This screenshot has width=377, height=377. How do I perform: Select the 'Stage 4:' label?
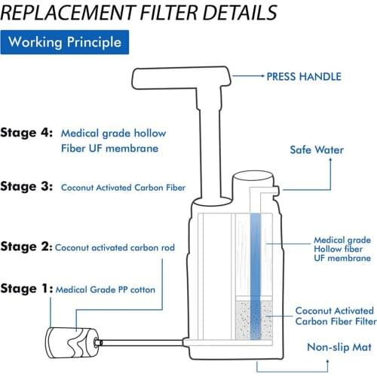[26, 132]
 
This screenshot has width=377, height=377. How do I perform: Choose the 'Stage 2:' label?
[26, 247]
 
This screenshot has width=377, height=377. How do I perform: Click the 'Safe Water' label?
[317, 149]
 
